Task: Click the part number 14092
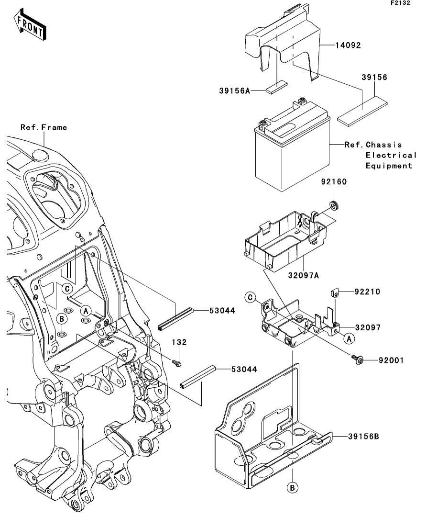coord(348,46)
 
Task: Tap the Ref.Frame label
coord(44,128)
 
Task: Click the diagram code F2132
coord(400,3)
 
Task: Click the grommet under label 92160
coord(331,206)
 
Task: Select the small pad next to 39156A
coord(277,87)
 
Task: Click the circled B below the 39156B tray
coord(293,487)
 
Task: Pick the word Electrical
coord(391,155)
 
